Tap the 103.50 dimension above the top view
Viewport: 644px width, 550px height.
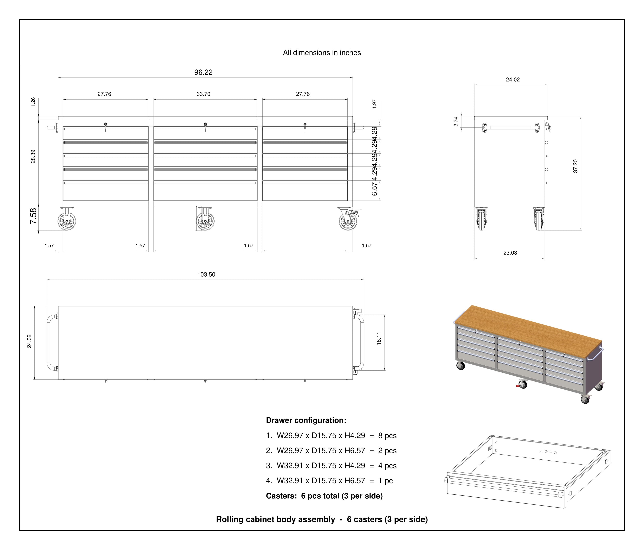tap(206, 275)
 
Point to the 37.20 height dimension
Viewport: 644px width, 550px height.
tap(575, 166)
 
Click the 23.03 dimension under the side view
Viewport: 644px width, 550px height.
tap(510, 253)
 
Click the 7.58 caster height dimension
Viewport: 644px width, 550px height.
tap(33, 216)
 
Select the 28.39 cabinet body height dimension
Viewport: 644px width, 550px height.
tap(33, 156)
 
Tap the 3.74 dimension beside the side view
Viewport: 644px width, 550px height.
tap(456, 122)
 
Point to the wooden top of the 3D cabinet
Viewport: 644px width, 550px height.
tap(528, 331)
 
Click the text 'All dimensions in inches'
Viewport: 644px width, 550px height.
tap(322, 53)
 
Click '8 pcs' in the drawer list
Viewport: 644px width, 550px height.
tap(387, 436)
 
